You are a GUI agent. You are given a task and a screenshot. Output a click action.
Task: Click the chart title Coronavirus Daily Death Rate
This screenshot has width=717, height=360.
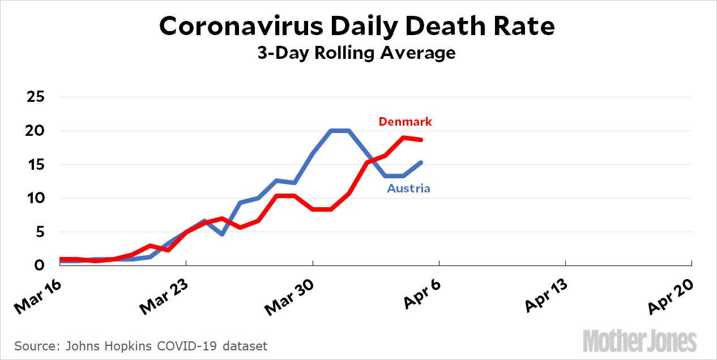coord(357,27)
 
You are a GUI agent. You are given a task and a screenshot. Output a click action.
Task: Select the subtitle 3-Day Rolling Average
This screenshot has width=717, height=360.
coord(357,53)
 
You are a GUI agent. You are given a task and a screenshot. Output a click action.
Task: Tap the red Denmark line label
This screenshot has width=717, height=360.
coord(405,122)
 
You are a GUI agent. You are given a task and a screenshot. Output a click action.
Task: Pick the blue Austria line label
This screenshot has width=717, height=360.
coord(408,188)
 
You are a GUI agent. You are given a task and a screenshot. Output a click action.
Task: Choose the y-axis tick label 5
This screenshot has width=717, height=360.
coord(40,232)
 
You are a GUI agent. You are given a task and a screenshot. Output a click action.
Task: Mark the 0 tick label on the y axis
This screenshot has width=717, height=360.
coord(40,265)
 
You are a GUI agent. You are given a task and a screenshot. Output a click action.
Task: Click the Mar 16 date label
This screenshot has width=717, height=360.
coord(39,295)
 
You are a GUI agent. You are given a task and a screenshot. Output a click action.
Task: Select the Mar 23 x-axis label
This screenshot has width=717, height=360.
coord(164,295)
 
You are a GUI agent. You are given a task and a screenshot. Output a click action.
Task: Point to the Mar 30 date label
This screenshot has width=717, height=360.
coord(291,295)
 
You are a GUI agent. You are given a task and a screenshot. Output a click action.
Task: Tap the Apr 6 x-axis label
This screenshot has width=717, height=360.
coord(422,293)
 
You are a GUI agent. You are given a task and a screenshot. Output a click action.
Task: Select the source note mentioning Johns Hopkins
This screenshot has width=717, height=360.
coord(141,345)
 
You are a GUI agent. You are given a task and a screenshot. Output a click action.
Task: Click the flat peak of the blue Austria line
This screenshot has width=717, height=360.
coord(340,131)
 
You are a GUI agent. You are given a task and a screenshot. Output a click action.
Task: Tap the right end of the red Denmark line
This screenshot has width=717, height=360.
coord(421,140)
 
